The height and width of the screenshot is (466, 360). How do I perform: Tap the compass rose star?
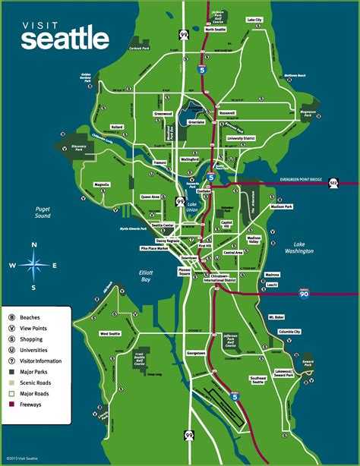(33, 266)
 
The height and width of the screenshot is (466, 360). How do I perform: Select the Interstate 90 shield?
(327, 293)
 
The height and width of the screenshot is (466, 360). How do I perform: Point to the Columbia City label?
(289, 332)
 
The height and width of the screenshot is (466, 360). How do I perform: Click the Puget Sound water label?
(36, 212)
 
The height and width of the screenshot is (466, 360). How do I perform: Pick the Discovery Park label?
(72, 150)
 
